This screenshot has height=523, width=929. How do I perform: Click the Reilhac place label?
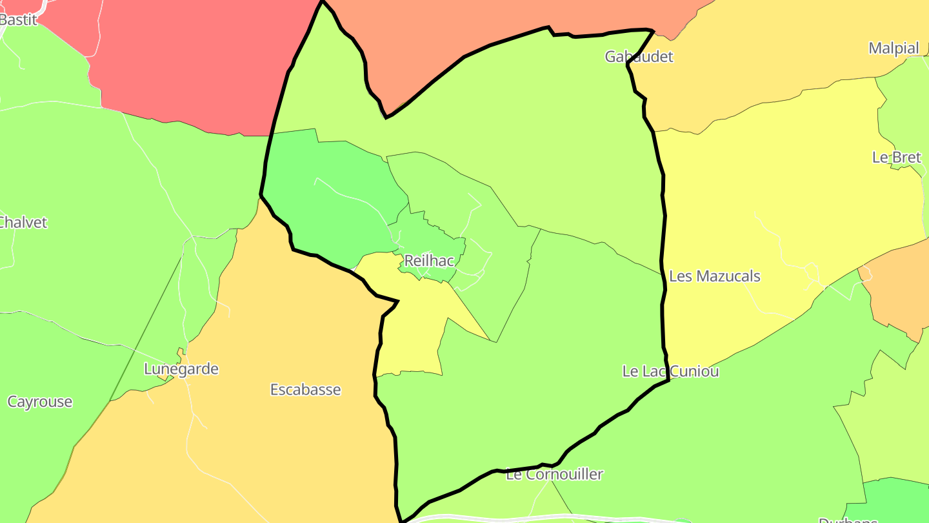[x=428, y=261]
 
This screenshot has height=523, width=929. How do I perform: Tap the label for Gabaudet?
[x=639, y=57]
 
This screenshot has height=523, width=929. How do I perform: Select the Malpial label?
[x=894, y=48]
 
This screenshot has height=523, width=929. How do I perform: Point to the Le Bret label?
[x=897, y=158]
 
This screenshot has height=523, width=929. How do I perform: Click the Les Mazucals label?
[x=715, y=276]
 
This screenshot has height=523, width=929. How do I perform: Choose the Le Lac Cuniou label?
[x=670, y=371]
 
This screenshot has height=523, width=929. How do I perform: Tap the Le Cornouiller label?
[x=554, y=475]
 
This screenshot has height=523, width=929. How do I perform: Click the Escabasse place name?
[x=305, y=390]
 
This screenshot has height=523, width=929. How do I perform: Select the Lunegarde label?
[x=181, y=369]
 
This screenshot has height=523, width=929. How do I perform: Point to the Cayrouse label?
[x=40, y=402]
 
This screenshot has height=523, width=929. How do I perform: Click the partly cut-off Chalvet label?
[x=23, y=223]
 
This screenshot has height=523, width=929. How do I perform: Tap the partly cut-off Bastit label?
[x=18, y=19]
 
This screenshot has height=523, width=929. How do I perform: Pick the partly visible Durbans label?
[x=848, y=519]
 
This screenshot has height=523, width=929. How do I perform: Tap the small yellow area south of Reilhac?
[x=413, y=323]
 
